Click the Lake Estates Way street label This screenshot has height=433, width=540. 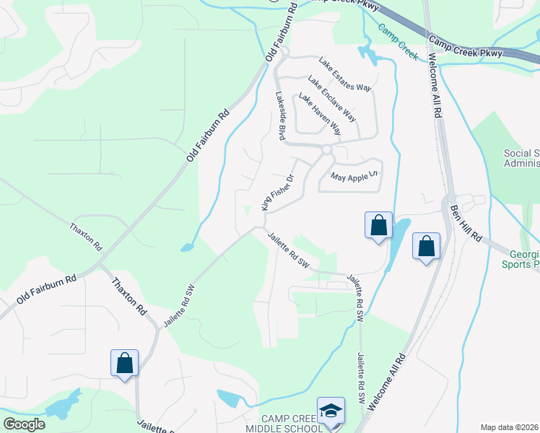click(x=345, y=75)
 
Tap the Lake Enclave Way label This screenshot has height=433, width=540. click(x=331, y=98)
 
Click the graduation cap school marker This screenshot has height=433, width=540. click(x=331, y=411)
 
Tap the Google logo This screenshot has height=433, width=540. click(x=24, y=424)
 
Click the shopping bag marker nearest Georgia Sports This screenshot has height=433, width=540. click(x=426, y=247)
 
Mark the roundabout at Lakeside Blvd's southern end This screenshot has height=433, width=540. click(x=326, y=149)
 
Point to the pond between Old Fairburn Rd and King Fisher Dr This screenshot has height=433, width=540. click(x=187, y=248)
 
